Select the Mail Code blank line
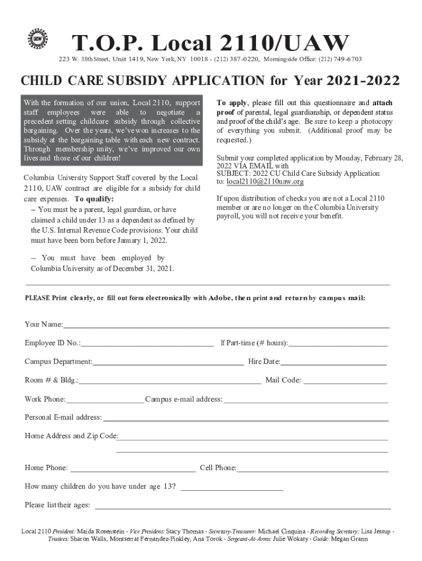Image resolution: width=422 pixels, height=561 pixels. [345, 380]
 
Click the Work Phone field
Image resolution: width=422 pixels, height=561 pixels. [105, 399]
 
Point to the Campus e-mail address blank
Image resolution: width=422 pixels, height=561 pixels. [306, 399]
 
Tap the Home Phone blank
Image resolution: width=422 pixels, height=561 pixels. [133, 468]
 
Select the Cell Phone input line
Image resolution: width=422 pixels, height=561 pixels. [312, 468]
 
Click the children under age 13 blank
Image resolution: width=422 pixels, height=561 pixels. [232, 486]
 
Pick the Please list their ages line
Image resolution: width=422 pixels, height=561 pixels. [241, 505]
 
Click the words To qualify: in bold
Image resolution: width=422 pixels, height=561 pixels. [94, 198]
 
